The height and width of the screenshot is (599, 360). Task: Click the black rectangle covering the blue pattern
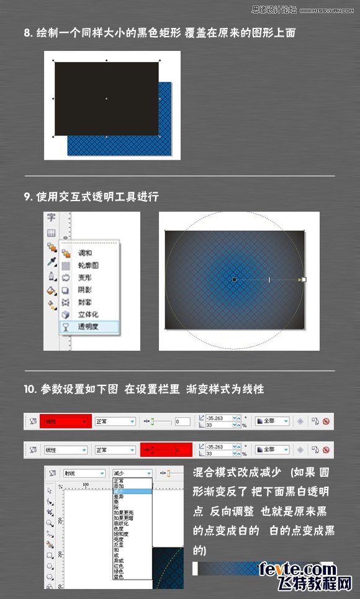coord(106,98)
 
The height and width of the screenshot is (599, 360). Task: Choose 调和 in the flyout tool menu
coord(85,253)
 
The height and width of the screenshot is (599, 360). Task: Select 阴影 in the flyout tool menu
coord(85,290)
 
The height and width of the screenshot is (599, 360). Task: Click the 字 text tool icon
coord(52,218)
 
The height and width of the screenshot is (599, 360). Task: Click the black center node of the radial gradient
coord(234,280)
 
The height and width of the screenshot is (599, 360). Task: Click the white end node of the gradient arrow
coord(302,280)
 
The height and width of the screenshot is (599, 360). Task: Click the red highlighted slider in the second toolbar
coord(166,449)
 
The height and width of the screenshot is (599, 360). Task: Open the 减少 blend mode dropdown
coord(132,472)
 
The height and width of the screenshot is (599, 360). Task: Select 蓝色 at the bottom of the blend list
coord(120,577)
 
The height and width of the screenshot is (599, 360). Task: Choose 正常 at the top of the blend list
coord(120,480)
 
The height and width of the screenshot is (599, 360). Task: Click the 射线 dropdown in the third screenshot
coord(84,472)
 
